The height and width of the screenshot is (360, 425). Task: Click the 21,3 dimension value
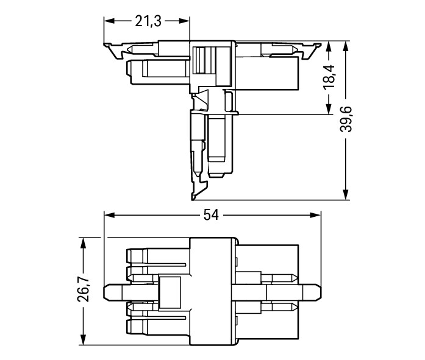click(x=148, y=21)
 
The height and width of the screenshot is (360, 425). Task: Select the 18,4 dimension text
click(x=329, y=78)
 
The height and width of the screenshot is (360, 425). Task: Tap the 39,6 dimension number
click(x=346, y=119)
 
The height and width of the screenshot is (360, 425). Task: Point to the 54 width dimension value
click(x=211, y=215)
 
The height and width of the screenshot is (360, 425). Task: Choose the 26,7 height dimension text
click(x=83, y=289)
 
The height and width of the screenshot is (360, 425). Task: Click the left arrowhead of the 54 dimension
click(x=110, y=215)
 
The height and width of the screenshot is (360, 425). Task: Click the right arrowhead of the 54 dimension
click(x=315, y=215)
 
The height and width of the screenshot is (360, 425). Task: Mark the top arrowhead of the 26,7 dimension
click(x=83, y=243)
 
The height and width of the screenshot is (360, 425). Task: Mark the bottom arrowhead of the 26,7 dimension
click(x=83, y=340)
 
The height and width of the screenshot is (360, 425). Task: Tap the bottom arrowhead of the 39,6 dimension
click(x=345, y=194)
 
